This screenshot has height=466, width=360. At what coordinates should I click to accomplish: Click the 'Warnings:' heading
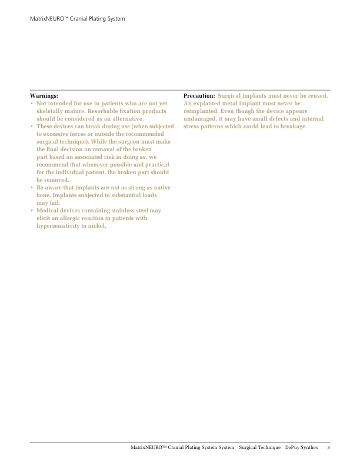coord(44,95)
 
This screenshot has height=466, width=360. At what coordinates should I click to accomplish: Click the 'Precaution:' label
coord(199,95)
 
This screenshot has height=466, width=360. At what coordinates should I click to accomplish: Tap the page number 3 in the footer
coord(328,448)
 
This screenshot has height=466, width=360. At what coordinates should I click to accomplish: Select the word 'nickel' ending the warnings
coord(97,226)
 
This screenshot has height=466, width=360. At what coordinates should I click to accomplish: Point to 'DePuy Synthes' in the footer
coord(301,448)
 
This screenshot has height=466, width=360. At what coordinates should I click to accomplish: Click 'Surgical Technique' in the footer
coord(259,448)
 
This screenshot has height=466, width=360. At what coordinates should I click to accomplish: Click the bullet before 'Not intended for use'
coord(32,103)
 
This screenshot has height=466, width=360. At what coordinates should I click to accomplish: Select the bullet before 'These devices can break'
coord(32,126)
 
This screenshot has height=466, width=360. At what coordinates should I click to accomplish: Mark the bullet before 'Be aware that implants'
coord(32,188)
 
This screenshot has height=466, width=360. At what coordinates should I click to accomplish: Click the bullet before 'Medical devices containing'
coord(32,211)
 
